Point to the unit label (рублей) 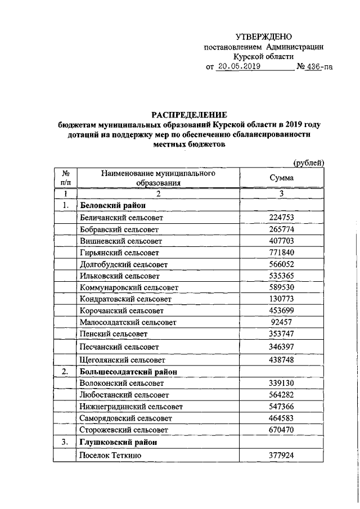[309, 163]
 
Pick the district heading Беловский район [114, 206]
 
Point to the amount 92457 [282, 322]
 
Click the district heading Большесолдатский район [129, 372]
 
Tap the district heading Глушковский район [118, 442]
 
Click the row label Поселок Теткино [110, 454]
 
